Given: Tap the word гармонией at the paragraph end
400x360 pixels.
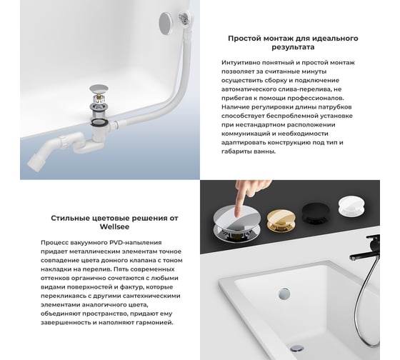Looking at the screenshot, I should [151, 321].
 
